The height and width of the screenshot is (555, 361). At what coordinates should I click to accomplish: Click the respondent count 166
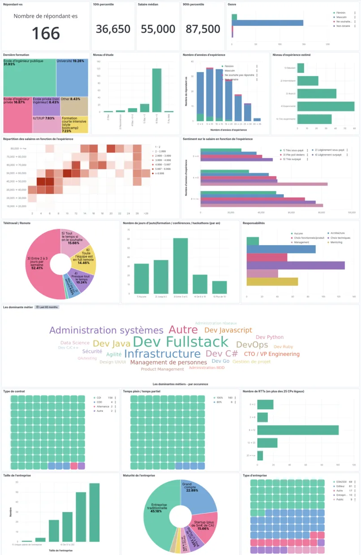[46, 33]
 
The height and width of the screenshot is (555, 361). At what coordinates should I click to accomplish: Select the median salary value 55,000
[158, 29]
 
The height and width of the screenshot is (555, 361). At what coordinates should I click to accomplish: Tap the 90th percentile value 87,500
[203, 29]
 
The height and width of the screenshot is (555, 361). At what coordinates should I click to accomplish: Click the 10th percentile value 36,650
[113, 29]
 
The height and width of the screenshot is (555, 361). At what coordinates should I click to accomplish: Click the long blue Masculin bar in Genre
[268, 23]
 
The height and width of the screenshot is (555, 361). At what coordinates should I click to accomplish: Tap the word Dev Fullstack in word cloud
[181, 342]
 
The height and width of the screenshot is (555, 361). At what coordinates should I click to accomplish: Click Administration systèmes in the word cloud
[106, 330]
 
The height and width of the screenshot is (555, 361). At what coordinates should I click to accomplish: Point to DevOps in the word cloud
[252, 345]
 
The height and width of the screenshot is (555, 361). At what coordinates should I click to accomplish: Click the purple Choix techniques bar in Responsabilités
[296, 265]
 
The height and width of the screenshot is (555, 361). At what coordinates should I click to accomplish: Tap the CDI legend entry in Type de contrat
[100, 397]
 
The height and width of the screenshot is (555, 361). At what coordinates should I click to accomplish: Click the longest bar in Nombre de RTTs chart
[297, 430]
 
